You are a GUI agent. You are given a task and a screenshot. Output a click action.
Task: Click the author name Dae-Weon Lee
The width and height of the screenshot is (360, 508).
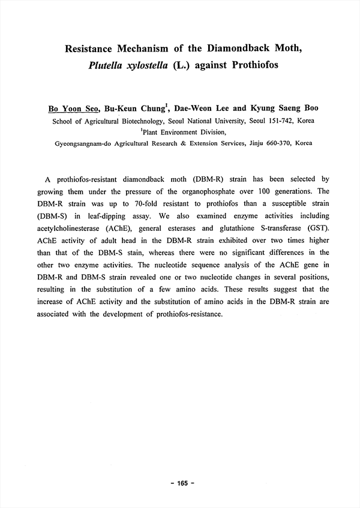point(202,109)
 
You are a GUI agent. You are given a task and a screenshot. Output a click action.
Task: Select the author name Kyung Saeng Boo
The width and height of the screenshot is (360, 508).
point(280,109)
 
